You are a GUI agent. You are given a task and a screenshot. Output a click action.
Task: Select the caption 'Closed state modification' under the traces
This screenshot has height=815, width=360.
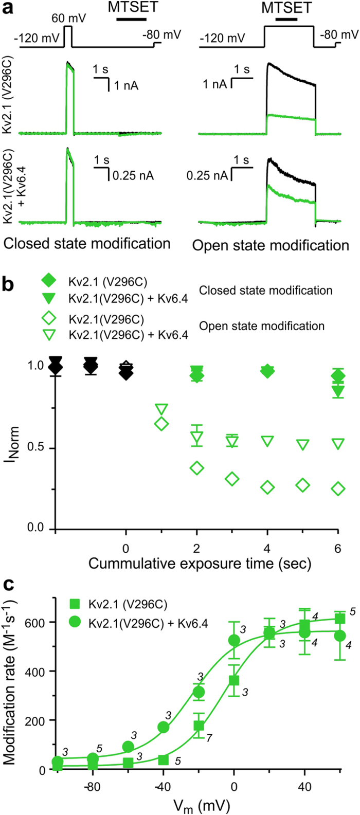coord(87,244)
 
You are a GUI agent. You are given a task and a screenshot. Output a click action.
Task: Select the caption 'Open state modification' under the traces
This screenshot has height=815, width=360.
coord(271,246)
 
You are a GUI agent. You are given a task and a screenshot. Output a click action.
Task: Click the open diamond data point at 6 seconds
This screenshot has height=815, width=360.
coord(338,488)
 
